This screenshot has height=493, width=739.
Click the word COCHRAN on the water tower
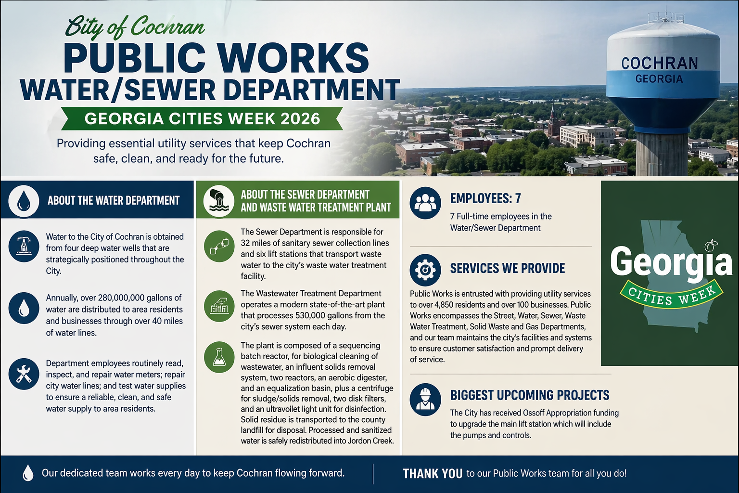(659, 63)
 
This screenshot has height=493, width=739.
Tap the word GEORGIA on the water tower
(659, 79)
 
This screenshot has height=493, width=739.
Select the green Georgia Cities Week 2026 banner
(202, 118)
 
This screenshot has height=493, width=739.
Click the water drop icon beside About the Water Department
(24, 201)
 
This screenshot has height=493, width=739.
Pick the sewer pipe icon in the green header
(219, 201)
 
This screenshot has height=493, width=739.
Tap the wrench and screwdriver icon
(24, 374)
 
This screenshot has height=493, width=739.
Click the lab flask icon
(219, 357)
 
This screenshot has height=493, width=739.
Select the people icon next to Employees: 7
(425, 203)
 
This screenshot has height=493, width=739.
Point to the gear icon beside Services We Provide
(425, 270)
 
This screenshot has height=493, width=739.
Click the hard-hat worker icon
(425, 399)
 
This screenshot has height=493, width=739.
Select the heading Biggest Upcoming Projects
(530, 395)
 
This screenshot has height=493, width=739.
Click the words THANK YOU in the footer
(433, 474)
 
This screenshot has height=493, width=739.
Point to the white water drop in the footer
(28, 473)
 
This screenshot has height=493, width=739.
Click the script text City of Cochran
(135, 27)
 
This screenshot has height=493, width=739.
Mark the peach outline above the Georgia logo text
(710, 246)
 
